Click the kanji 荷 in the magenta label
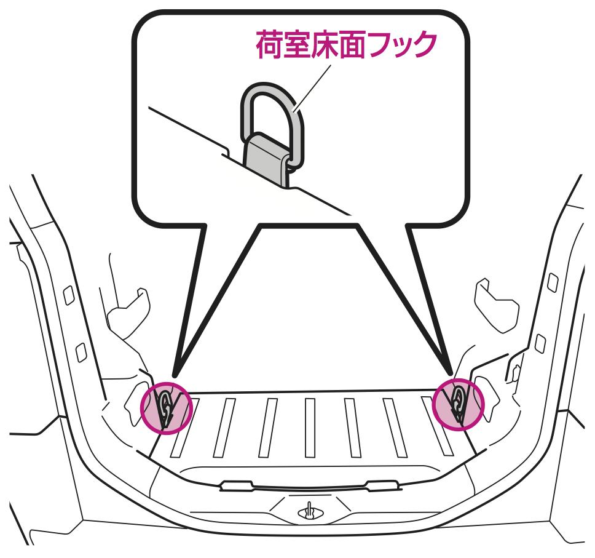pos(270,45)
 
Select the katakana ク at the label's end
pos(423,45)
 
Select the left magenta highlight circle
pos(167,407)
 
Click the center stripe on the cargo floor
pos(310,428)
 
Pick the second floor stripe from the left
pos(224,428)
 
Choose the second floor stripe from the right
pos(395,428)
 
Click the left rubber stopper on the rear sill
pos(237,485)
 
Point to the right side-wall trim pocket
pos(496,305)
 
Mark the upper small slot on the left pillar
pos(69,295)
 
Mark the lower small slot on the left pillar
pos(81,353)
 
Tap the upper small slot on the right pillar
pos(553,282)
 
